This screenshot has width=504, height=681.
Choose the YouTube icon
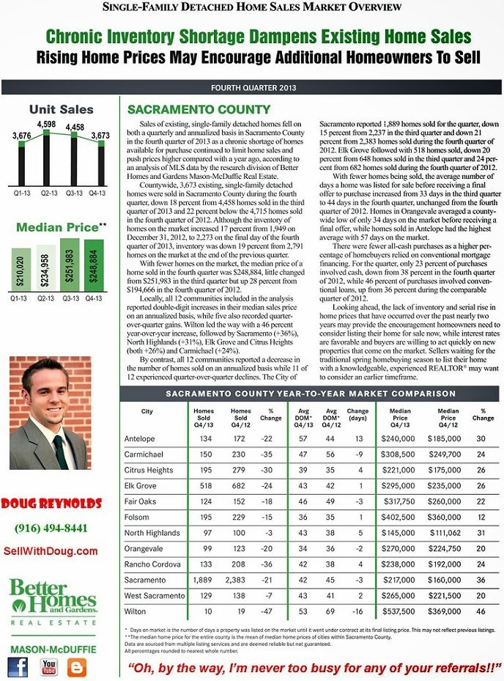point(49,666)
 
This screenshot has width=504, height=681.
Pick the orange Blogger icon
point(77,666)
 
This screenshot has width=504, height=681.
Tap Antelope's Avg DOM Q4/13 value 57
point(303,438)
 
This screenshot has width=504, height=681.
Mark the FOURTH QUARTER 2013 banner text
point(253,88)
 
